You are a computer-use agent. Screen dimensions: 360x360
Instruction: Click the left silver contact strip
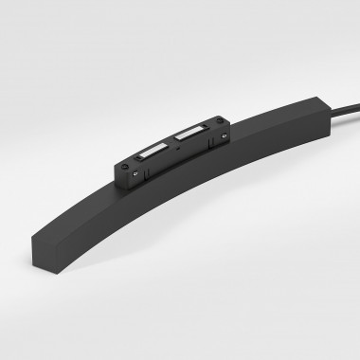[153, 151]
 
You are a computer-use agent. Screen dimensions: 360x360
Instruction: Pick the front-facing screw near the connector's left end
[135, 173]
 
